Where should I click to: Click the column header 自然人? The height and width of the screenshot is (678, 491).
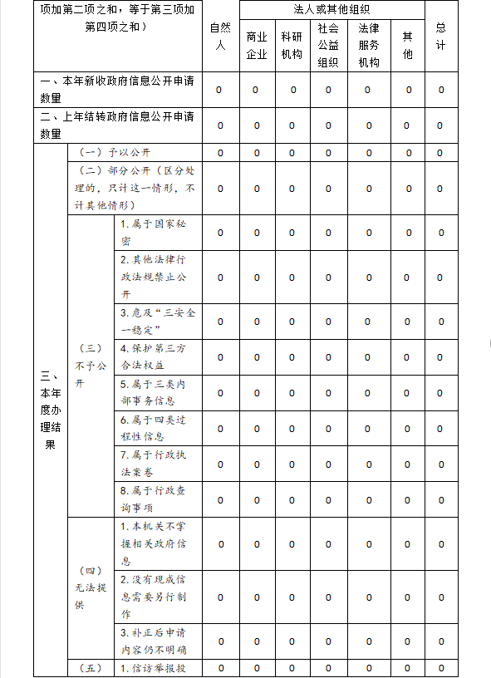(219, 37)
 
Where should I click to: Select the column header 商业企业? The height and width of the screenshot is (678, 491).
(257, 46)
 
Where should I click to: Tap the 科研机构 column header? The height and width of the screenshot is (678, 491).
(292, 46)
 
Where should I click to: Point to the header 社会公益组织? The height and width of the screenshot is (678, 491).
(328, 45)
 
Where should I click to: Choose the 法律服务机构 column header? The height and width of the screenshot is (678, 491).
(368, 45)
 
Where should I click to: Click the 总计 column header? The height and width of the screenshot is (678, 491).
(440, 37)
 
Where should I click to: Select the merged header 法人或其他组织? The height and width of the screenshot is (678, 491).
(331, 9)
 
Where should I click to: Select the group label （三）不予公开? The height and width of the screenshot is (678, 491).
(91, 366)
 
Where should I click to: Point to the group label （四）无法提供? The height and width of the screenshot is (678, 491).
(91, 588)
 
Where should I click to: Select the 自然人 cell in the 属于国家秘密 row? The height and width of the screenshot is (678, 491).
(219, 233)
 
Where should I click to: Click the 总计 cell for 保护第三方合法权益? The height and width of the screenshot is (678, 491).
(440, 357)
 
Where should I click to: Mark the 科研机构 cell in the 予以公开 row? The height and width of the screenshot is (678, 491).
(292, 153)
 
